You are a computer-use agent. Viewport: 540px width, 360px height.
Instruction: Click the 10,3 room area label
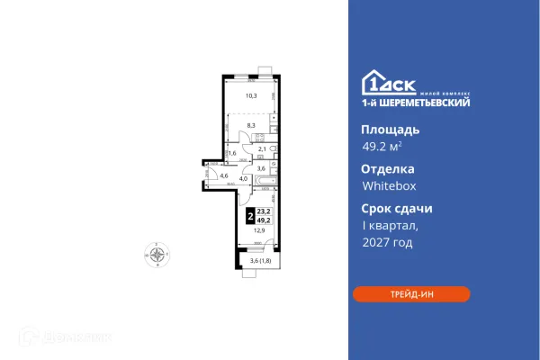point(252,95)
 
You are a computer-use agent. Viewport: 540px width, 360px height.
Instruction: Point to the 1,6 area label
point(231,154)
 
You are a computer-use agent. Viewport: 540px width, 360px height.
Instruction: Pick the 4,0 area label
point(242,178)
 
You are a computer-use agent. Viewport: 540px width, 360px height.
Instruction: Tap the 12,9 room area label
point(258,230)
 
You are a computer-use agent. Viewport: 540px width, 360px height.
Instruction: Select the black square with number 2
point(248,216)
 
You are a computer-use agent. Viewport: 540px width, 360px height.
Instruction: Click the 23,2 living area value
point(262,211)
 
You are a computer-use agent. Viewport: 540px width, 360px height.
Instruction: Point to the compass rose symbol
point(158,255)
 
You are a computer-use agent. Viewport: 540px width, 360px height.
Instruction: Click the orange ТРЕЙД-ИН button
point(410,293)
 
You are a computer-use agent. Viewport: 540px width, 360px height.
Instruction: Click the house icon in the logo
point(373,81)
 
